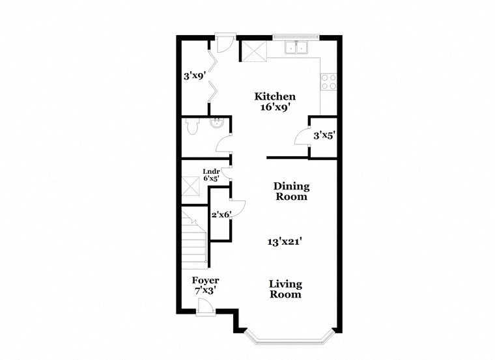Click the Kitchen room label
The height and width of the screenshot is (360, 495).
[275, 96]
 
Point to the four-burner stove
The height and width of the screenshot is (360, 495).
[328, 81]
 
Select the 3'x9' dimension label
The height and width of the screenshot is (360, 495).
[195, 76]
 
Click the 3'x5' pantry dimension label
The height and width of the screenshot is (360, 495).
[324, 136]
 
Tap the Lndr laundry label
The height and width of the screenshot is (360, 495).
[210, 171]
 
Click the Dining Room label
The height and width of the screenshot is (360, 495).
[290, 191]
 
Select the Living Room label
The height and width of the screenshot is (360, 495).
[286, 289]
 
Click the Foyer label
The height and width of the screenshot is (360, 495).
[205, 281]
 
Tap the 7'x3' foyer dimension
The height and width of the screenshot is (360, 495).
[205, 292]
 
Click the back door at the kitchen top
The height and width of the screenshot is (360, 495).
[223, 44]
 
